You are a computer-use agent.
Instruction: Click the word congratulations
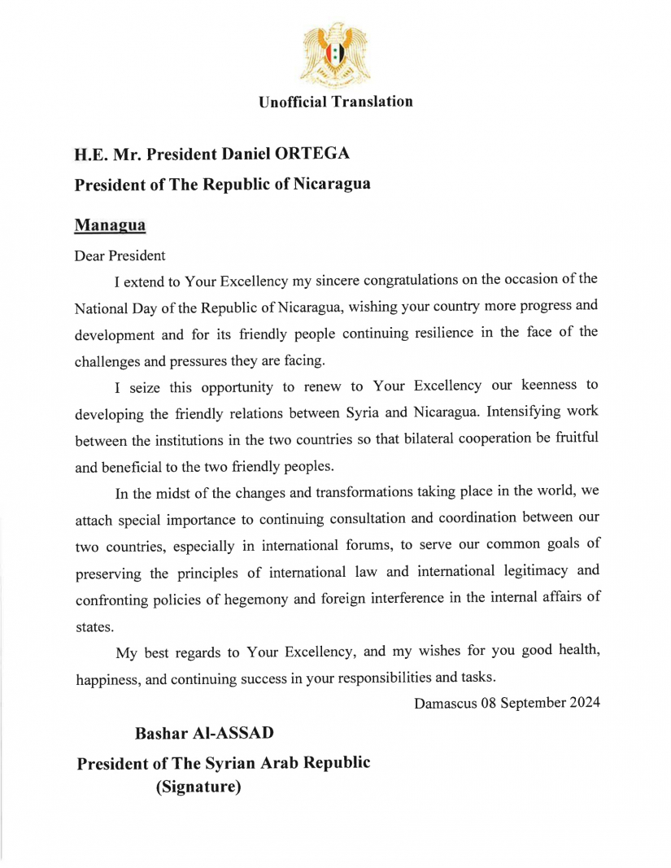point(389,281)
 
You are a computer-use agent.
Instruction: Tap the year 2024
point(584,704)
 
